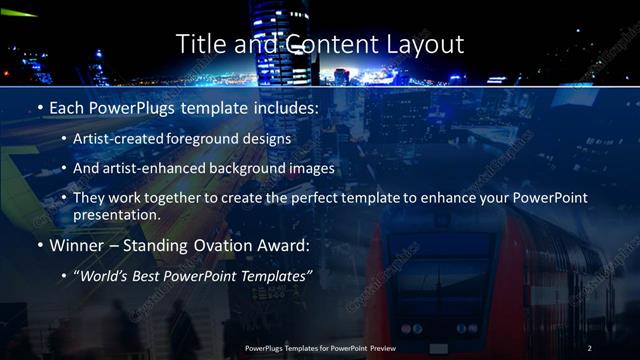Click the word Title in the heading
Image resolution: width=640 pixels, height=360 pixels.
(x=200, y=44)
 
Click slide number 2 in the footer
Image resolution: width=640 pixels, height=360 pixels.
(x=591, y=347)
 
